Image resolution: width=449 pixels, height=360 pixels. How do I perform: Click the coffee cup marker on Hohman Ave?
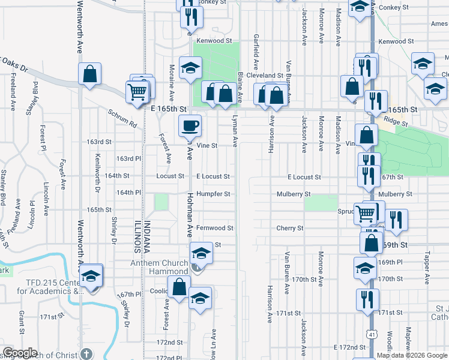tap(190, 126)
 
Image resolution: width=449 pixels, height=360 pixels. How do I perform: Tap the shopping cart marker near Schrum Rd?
tap(137, 92)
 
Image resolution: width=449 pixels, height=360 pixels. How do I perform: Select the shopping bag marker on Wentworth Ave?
tap(89, 74)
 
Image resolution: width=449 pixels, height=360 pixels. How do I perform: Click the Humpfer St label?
tap(214, 194)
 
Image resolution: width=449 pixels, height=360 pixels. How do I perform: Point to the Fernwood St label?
tap(214, 228)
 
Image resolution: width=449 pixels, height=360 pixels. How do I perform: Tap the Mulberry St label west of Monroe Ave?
tap(293, 194)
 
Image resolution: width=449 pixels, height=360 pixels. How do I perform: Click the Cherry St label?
tap(290, 228)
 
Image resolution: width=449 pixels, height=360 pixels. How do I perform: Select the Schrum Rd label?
tap(122, 118)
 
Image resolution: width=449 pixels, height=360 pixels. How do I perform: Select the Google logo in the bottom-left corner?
tap(20, 353)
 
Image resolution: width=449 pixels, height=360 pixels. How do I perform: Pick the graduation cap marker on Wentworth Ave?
tap(91, 276)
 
